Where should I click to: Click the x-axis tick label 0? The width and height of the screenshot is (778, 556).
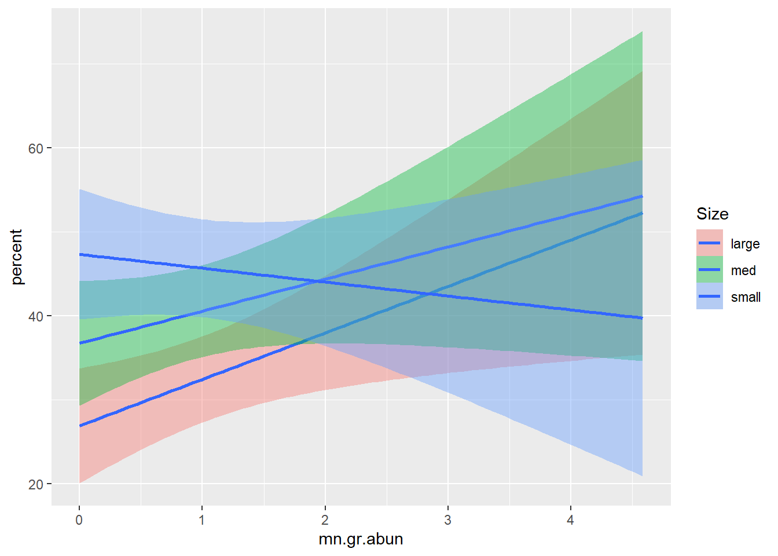79,520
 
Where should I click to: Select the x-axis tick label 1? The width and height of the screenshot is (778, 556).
202,520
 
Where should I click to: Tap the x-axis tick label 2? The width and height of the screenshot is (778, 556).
325,520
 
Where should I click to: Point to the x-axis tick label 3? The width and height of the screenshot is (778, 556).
447,520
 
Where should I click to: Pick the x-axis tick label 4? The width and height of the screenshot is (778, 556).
570,520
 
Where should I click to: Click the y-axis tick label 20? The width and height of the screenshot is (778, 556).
36,484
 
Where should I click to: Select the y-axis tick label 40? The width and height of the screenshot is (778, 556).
36,316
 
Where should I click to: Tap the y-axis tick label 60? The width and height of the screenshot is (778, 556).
36,148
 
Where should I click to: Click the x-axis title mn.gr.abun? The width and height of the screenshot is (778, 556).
361,539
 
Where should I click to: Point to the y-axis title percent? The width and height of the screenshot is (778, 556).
16,257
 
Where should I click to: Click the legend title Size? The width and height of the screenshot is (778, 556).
712,214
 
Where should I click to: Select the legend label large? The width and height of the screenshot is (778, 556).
745,244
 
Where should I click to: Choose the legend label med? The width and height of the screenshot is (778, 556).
743,270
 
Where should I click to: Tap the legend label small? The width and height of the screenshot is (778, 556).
746,297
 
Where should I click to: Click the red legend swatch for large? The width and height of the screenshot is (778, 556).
710,243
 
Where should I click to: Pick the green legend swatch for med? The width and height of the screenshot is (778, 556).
710,270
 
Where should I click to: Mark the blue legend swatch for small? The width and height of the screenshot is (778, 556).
710,297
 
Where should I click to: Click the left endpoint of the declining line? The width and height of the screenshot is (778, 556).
79,255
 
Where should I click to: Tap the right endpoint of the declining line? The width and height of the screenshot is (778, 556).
642,318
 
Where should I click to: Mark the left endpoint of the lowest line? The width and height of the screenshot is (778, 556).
79,426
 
